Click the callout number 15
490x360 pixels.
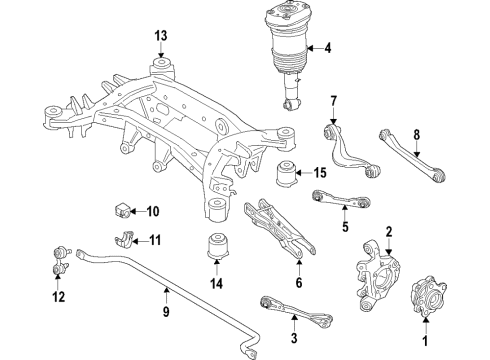[320, 172]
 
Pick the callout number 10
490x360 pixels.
[153, 211]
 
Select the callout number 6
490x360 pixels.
[298, 283]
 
